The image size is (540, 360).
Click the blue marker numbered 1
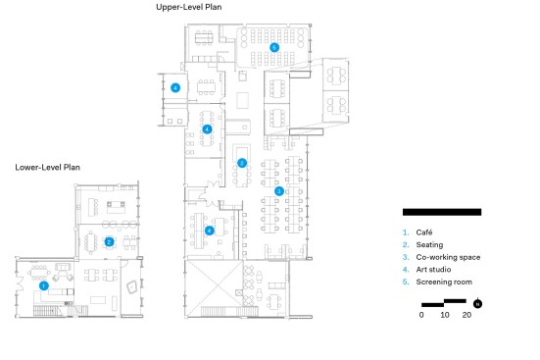(x=44, y=285)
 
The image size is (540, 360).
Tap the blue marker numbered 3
(x=279, y=191)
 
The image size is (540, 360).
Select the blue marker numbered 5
(x=274, y=47)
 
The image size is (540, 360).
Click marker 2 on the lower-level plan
(x=109, y=241)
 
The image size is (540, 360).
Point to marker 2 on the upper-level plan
(x=242, y=163)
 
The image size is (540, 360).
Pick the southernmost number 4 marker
(x=209, y=231)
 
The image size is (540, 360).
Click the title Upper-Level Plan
(x=189, y=7)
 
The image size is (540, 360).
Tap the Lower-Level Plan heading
(x=47, y=167)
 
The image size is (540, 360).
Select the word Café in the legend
(x=424, y=232)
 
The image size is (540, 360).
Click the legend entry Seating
(x=429, y=245)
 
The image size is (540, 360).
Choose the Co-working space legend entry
(x=448, y=257)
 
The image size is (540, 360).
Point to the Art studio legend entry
(x=433, y=270)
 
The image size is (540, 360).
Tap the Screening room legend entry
(x=444, y=282)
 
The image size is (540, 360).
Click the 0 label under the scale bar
(x=421, y=315)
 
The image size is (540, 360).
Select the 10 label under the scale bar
(x=445, y=315)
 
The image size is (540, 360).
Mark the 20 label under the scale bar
(x=466, y=315)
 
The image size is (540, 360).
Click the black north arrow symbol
(x=477, y=304)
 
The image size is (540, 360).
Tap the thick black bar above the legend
(x=442, y=212)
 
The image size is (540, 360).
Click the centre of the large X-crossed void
(x=214, y=288)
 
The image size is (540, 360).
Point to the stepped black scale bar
(x=444, y=303)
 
